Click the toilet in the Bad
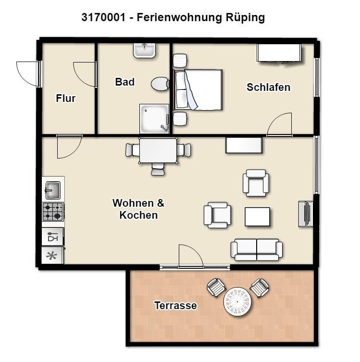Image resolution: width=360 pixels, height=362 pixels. tap(160, 84)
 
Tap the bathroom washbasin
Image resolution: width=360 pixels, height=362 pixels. tap(145, 50)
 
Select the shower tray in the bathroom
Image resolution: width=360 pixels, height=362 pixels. tap(154, 119)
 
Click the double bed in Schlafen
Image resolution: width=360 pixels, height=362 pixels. tap(198, 89)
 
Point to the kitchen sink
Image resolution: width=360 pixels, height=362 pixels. tap(52, 190)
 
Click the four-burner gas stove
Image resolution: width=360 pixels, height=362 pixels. tap(53, 212)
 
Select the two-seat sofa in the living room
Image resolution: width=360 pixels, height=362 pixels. tap(257, 250)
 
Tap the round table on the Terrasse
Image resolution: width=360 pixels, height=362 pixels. tap(237, 302)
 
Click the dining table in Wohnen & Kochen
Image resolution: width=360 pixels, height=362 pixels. tap(158, 150)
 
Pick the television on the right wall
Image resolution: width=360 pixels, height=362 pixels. tap(306, 213)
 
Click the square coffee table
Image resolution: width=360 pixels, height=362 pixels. tap(257, 216)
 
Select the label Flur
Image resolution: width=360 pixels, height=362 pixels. tap(66, 98)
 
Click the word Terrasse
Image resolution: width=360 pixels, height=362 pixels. tap(175, 305)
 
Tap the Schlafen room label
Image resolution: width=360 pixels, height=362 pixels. tap(268, 87)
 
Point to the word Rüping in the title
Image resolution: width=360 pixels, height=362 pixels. tap(245, 17)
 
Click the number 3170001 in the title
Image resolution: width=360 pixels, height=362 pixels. tap(103, 17)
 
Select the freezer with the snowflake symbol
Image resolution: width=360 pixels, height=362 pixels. tap(52, 256)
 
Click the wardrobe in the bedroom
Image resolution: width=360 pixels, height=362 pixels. tap(279, 53)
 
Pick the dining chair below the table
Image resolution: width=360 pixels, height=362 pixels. tap(158, 169)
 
